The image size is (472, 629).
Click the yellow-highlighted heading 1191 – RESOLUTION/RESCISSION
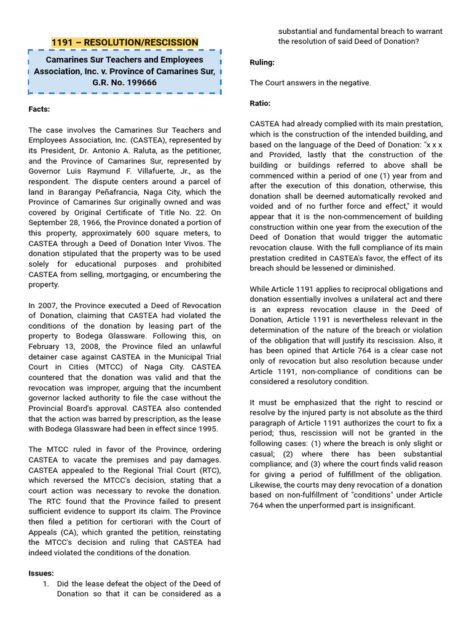click(125, 42)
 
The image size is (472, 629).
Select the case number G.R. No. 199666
click(125, 82)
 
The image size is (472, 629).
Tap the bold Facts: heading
click(39, 109)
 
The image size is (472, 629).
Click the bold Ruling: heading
click(262, 63)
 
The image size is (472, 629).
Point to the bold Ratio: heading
click(260, 103)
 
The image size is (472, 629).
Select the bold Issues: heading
click(41, 573)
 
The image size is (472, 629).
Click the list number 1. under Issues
click(46, 584)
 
